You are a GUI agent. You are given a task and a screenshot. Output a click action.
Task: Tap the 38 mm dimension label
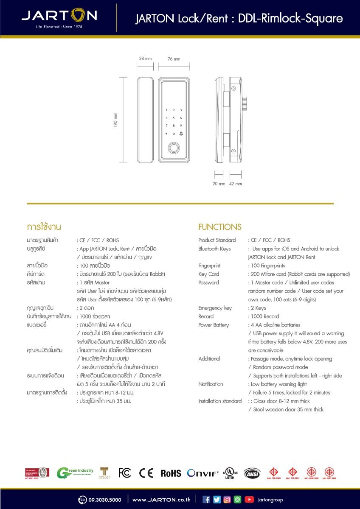pos(145,59)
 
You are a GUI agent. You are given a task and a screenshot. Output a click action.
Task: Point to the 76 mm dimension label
pos(174,59)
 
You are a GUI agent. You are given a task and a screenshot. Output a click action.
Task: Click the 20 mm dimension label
pos(219,184)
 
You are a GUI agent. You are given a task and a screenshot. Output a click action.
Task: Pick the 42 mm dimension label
pos(236,184)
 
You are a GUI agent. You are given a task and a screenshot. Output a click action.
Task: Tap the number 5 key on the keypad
pos(174,118)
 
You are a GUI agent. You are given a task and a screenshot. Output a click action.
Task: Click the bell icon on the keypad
pos(181,134)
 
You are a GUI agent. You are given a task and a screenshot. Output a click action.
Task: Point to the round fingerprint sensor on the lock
pos(174,148)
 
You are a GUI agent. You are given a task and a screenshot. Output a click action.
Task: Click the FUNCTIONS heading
pos(219,227)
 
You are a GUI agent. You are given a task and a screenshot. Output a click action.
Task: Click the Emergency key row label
pos(215,308)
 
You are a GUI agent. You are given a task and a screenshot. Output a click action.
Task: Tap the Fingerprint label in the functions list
pos(209,266)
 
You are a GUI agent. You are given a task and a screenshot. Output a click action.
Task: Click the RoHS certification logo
pos(171,473)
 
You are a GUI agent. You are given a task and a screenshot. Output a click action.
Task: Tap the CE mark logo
pos(146,473)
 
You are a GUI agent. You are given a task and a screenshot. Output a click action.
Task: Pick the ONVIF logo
pos(203,473)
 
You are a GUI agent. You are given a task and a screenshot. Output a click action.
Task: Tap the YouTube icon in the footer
pos(249,500)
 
